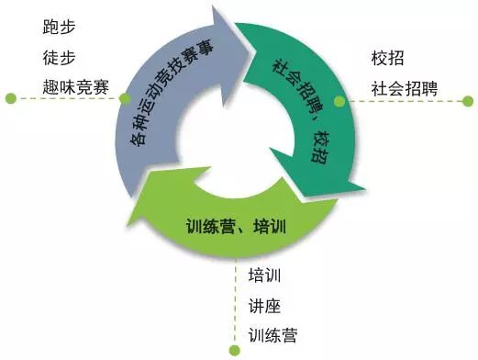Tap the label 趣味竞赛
click(73, 87)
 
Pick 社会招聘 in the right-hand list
click(405, 89)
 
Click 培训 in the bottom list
click(264, 275)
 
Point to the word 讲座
click(264, 305)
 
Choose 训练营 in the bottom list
click(272, 335)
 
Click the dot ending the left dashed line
click(8, 96)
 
